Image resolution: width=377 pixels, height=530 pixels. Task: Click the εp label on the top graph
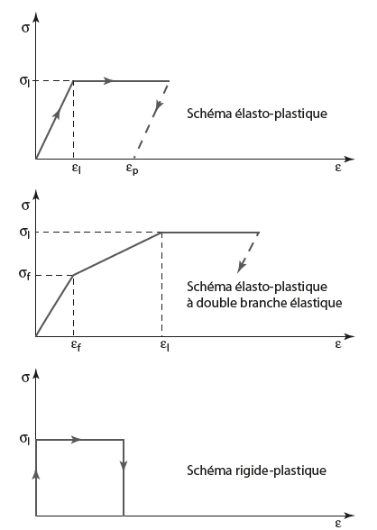click(x=133, y=169)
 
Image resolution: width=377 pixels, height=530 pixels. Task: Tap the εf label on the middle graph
click(x=76, y=345)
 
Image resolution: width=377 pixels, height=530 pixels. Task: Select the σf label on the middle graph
click(x=24, y=274)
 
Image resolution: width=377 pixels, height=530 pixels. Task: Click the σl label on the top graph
click(x=24, y=81)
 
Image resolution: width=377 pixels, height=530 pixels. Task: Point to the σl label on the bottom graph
click(x=24, y=440)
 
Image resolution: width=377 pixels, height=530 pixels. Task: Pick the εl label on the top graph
click(x=77, y=168)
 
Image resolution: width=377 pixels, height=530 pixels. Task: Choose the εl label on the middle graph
click(x=165, y=345)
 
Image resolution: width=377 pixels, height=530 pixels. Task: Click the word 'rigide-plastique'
click(x=280, y=471)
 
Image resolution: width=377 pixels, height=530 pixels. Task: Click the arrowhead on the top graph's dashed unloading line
click(x=159, y=106)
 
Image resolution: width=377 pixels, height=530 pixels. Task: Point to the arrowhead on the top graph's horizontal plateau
click(x=109, y=81)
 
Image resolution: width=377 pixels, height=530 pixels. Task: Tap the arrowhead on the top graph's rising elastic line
click(x=57, y=114)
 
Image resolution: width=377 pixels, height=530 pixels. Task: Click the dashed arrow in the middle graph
click(x=249, y=252)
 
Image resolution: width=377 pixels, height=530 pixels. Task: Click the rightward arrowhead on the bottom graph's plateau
click(x=77, y=440)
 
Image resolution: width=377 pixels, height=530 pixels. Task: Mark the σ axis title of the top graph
click(x=25, y=28)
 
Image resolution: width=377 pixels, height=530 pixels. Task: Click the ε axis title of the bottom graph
click(x=338, y=523)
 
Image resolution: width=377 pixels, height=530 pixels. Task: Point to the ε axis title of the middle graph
click(x=338, y=344)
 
